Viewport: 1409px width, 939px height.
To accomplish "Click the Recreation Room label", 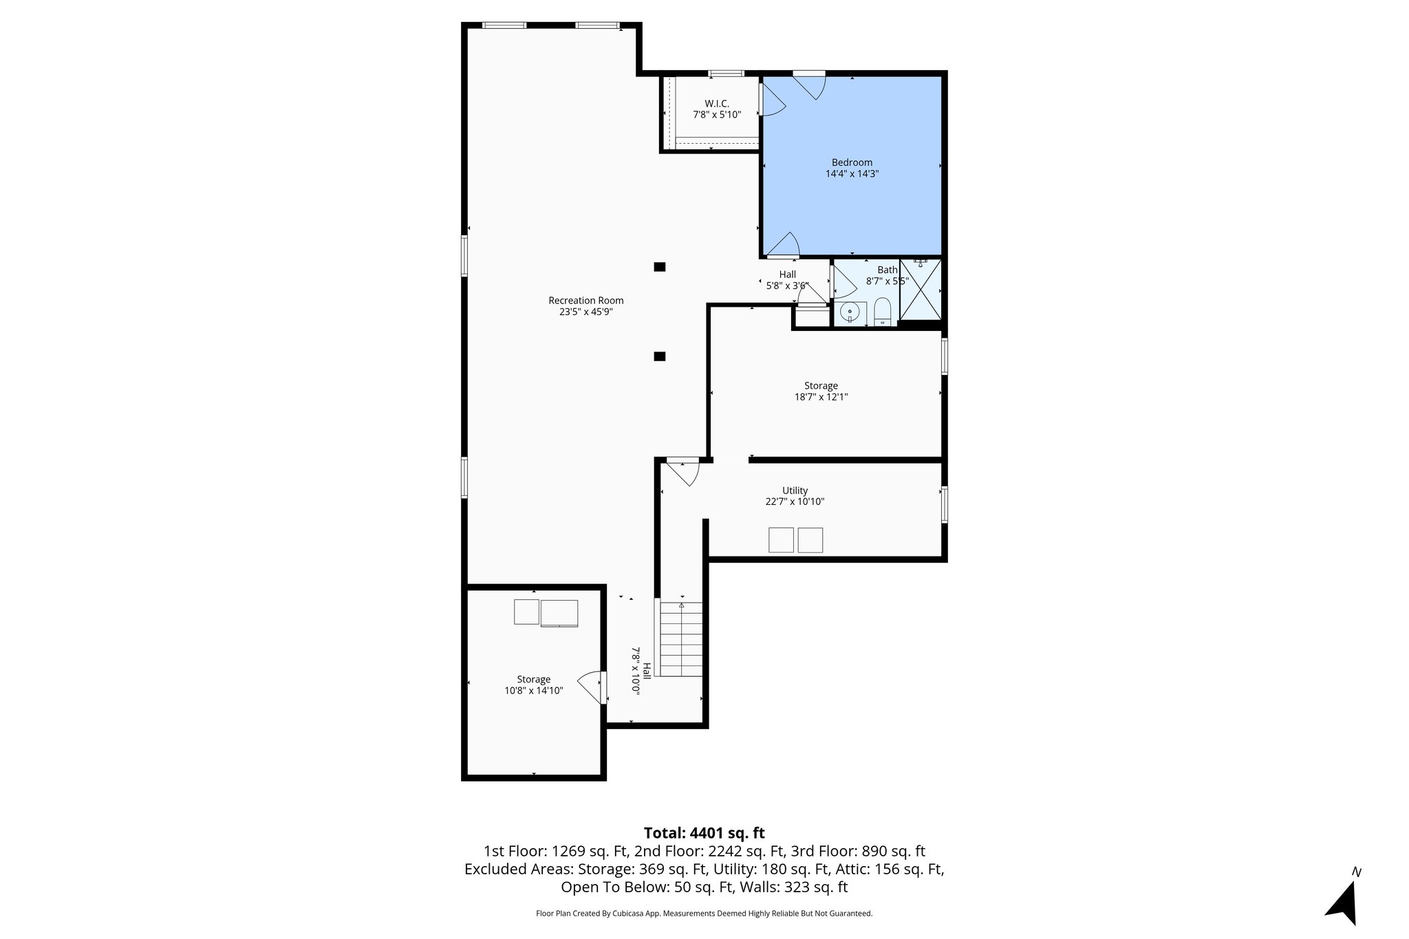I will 585,300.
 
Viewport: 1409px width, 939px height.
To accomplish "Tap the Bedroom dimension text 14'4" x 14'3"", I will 852,174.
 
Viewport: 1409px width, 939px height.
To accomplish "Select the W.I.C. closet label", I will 716,104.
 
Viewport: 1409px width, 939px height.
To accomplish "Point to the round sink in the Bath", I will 851,312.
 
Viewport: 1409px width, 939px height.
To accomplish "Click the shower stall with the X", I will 920,290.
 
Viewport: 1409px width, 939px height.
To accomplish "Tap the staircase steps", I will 681,639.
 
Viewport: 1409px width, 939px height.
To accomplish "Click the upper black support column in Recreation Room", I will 659,267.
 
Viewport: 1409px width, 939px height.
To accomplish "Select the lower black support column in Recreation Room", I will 659,356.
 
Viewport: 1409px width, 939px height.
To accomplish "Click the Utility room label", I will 795,490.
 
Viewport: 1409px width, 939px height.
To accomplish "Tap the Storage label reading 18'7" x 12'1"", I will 821,397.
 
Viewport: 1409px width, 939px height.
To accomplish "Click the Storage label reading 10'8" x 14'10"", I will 533,690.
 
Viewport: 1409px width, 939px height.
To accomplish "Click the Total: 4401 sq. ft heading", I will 704,833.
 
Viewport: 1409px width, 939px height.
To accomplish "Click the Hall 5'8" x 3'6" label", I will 787,279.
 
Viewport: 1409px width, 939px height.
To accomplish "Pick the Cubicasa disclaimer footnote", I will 704,914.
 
